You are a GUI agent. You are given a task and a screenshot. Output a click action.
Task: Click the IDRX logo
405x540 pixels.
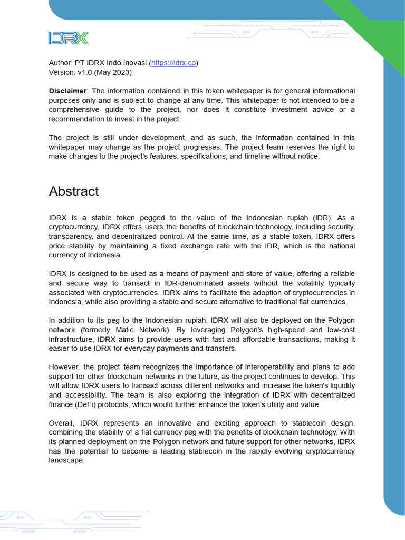[x=69, y=37]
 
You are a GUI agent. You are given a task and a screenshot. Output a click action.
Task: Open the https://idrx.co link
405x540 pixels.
[x=173, y=63]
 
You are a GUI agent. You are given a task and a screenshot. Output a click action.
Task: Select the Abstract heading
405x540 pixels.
[x=74, y=191]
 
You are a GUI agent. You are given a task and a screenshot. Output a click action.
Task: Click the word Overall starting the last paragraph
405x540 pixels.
[x=63, y=423]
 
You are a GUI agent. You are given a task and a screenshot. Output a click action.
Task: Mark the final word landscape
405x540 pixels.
[x=66, y=460]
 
